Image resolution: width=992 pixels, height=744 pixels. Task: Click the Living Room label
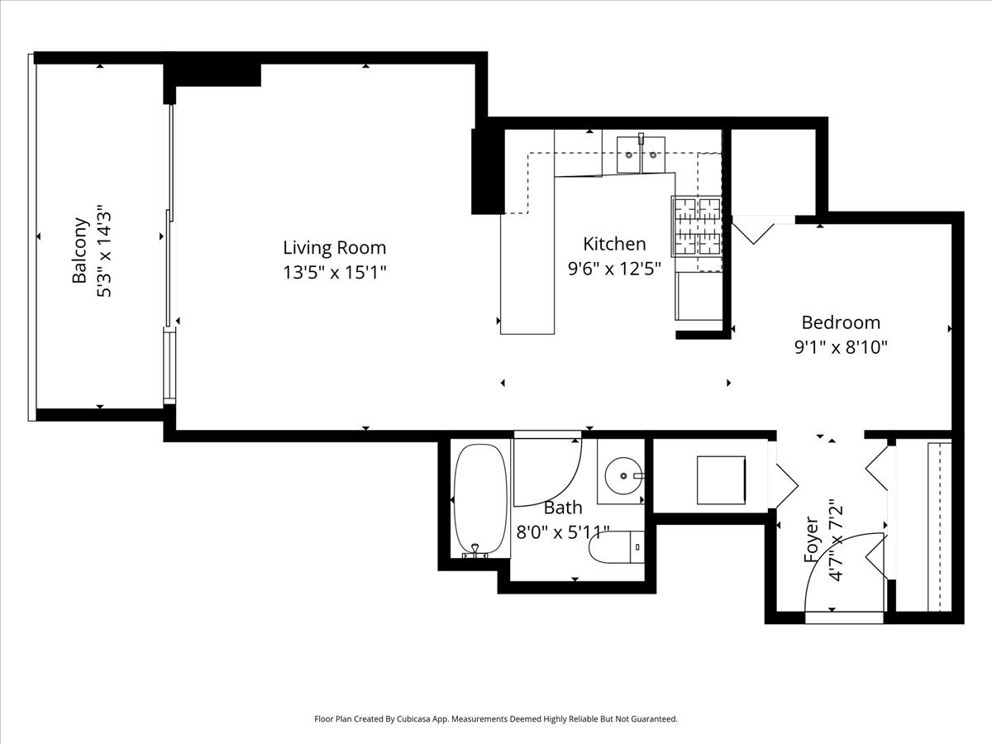(x=334, y=247)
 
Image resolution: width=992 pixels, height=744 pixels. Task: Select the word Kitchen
(x=613, y=244)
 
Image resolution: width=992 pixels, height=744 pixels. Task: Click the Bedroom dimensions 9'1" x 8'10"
(x=841, y=347)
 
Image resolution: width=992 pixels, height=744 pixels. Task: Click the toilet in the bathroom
(x=616, y=546)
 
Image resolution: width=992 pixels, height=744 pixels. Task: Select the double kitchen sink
(x=641, y=153)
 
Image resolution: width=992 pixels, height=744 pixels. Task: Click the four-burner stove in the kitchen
(x=697, y=225)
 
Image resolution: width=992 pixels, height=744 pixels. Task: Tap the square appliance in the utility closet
(x=722, y=479)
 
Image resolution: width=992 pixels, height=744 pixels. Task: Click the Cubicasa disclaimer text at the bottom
(x=496, y=719)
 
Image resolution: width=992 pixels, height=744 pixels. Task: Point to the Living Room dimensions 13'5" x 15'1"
(x=334, y=273)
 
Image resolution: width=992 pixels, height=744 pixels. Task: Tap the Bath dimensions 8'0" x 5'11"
(x=563, y=532)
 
